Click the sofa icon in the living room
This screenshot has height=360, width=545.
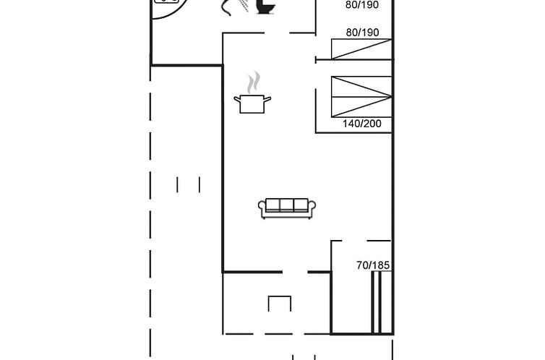pos(287,208)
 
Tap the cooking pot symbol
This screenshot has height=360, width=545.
pos(252,103)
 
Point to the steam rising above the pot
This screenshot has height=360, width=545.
pos(254,82)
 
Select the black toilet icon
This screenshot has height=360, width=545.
pos(266,7)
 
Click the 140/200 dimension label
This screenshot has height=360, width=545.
pos(362,124)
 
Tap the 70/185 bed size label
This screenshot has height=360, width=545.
pos(373,265)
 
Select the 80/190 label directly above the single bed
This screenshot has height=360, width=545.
pos(362,33)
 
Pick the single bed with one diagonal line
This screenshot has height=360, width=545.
pos(361,49)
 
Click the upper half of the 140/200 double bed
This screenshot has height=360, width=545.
pos(361,87)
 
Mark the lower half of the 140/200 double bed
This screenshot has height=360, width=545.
pos(361,107)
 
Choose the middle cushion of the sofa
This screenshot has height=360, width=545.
pos(287,205)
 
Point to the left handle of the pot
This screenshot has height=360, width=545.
pos(237,100)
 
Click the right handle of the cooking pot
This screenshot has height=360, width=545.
pos(267,100)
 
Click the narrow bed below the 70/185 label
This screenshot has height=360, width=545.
pos(377,303)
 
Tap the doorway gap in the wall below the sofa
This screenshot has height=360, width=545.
pos(295,272)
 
